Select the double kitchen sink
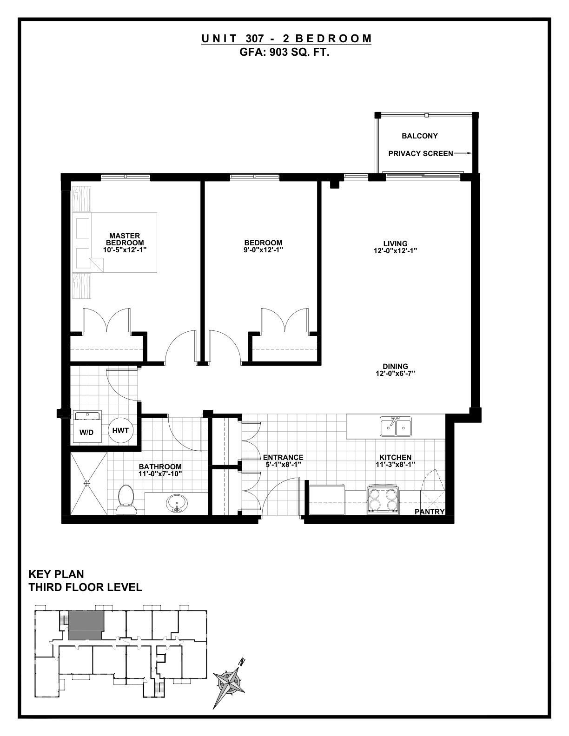tap(396, 427)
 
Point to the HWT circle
tap(120, 430)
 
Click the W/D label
tap(86, 433)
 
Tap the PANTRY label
tap(430, 512)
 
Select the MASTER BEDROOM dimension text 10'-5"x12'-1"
tap(125, 250)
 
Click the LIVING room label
tap(395, 243)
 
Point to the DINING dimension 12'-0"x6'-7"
tap(395, 373)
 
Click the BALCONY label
tap(420, 136)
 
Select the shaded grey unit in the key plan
tap(86, 625)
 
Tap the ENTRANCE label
tap(283, 458)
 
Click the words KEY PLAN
tap(56, 574)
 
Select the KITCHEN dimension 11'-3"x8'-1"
tap(395, 465)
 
